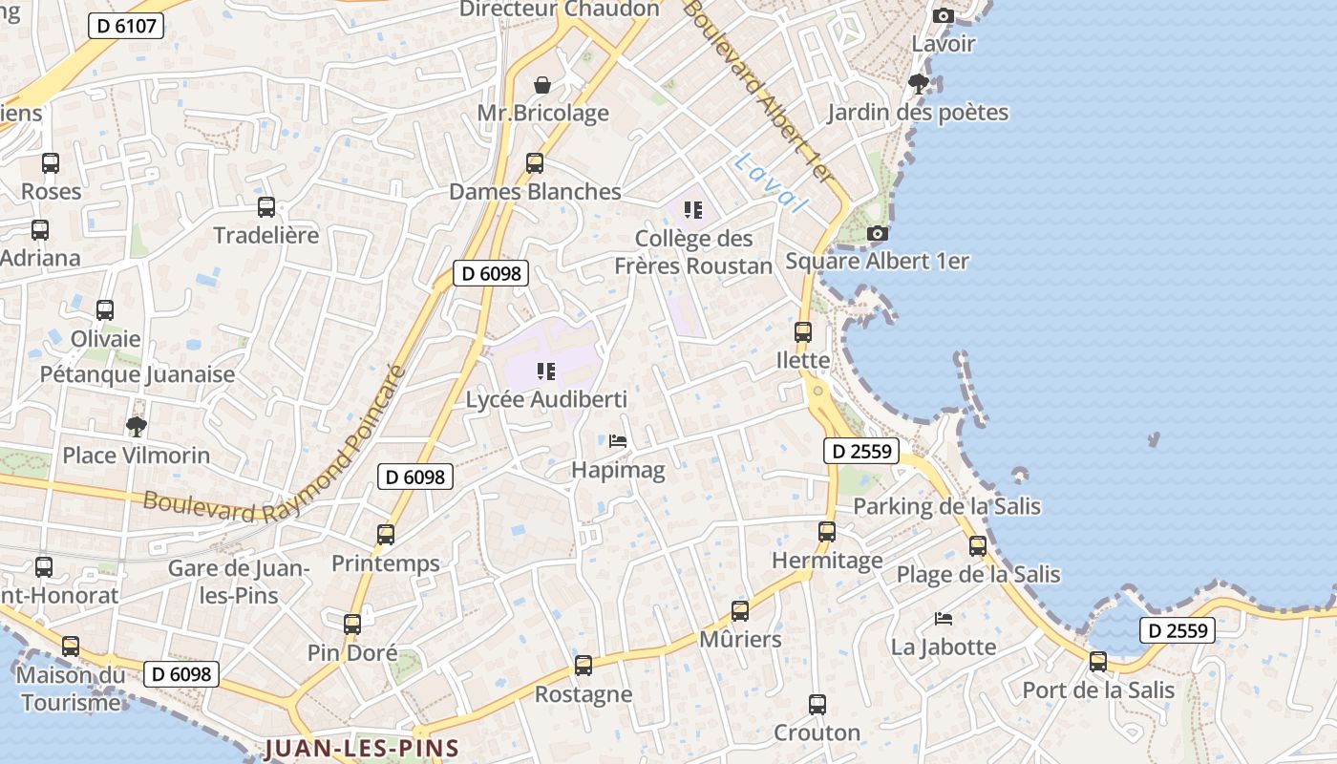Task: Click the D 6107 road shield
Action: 126,26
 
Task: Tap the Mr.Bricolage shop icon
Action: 542,85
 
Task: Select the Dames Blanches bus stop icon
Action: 535,163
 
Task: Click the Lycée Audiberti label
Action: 546,399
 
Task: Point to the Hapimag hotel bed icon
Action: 618,441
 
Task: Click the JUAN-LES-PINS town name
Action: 362,748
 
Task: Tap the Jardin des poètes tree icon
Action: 919,84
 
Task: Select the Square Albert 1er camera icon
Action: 877,233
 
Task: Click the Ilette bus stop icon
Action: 803,332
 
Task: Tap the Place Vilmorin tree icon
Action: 137,426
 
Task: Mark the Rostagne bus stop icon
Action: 584,666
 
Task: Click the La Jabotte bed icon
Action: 944,619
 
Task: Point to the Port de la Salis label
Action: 1098,690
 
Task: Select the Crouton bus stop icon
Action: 817,705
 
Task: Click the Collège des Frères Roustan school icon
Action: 693,210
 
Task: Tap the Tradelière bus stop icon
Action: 266,207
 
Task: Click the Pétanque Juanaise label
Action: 138,374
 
